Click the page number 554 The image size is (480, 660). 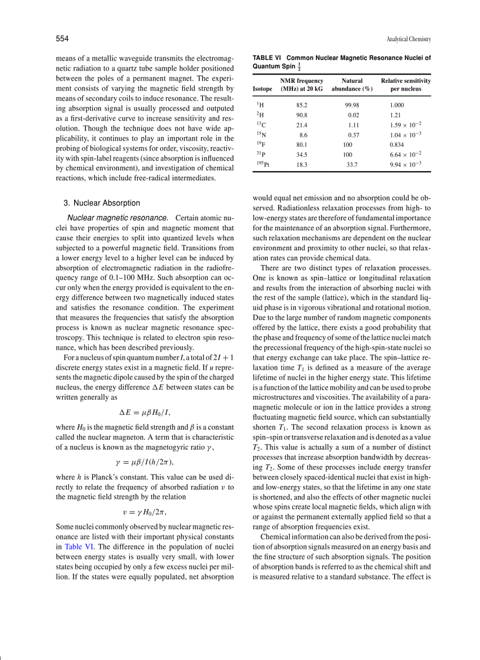(x=62, y=39)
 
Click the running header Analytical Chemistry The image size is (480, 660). (x=409, y=39)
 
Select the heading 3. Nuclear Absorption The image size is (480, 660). (x=101, y=203)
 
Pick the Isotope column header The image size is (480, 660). (x=262, y=89)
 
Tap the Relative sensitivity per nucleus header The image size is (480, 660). (x=406, y=85)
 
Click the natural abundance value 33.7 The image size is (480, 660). (x=352, y=165)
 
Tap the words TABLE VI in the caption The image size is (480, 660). (x=267, y=58)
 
